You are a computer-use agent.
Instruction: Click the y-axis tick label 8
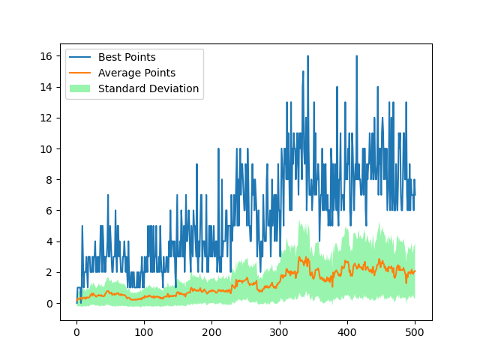[x=49, y=180]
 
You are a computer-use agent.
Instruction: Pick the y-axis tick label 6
[x=49, y=211]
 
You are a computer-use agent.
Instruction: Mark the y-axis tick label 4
[x=49, y=241]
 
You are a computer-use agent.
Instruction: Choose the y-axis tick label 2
[x=49, y=272]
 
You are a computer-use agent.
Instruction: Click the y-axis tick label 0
[x=49, y=304]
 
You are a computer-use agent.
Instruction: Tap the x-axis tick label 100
[x=144, y=332]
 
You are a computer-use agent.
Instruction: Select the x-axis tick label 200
[x=211, y=332]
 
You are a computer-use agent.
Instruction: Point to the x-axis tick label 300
[x=279, y=332]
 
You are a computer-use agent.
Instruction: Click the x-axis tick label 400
[x=346, y=332]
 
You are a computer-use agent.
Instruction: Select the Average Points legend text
[x=136, y=73]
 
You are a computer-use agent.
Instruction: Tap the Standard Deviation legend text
[x=148, y=88]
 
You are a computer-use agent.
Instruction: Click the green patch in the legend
[x=80, y=88]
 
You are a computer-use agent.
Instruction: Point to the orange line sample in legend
[x=80, y=73]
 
